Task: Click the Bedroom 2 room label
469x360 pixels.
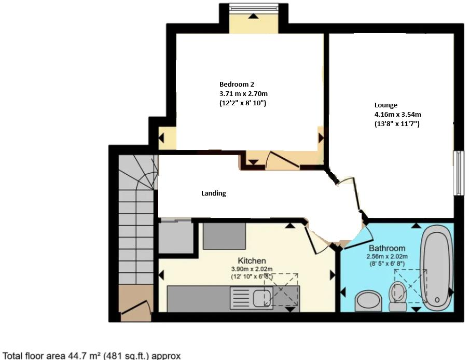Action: (x=236, y=84)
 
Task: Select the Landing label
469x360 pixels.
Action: (x=214, y=193)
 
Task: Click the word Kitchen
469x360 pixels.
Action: (x=252, y=260)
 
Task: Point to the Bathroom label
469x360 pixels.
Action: (x=387, y=248)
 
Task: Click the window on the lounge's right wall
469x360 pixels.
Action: (x=458, y=173)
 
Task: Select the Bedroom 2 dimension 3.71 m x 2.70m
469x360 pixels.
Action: (x=243, y=93)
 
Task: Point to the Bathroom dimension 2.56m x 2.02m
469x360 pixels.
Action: (x=388, y=256)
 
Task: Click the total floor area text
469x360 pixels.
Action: (x=92, y=355)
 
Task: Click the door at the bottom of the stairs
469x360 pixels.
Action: (x=135, y=309)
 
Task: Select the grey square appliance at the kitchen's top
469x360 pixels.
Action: (x=224, y=236)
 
